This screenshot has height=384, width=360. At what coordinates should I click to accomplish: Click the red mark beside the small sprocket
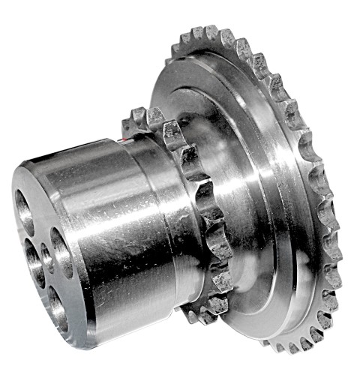124,138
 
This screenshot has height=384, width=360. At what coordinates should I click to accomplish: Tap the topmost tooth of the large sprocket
212,32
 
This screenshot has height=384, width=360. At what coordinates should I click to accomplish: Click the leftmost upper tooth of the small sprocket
137,116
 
